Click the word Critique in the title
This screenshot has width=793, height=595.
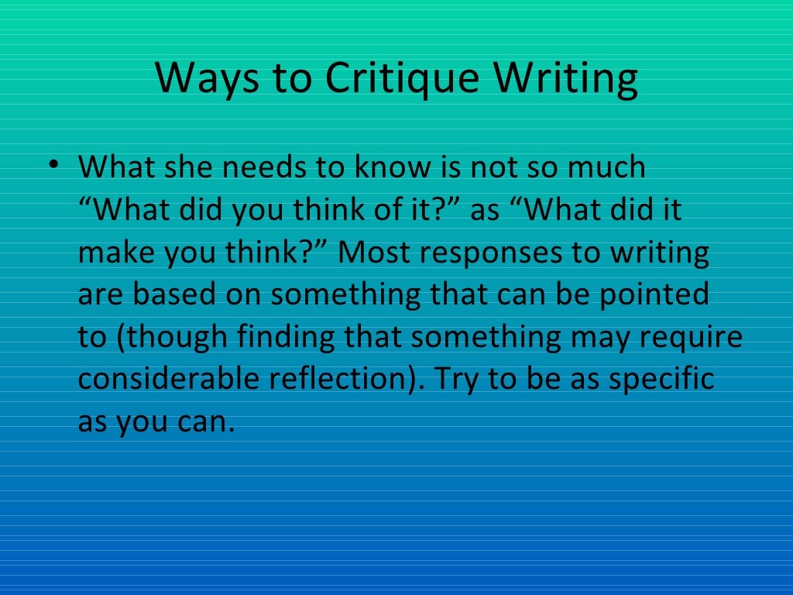click(403, 78)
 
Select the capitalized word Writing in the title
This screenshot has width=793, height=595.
click(567, 78)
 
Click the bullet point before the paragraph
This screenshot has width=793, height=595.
click(52, 166)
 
